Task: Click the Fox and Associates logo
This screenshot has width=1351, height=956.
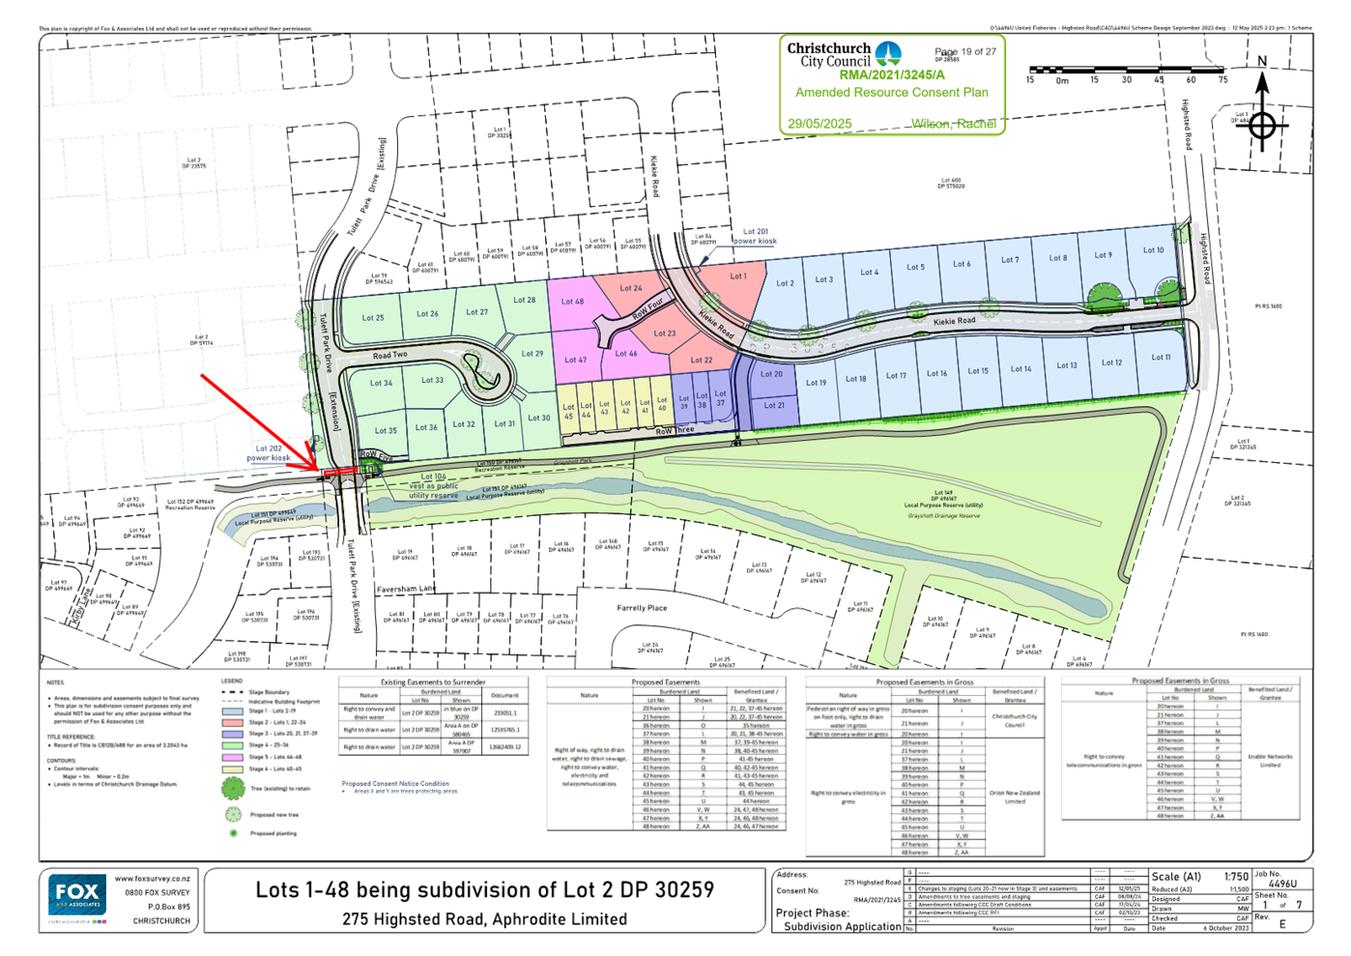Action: pos(77,896)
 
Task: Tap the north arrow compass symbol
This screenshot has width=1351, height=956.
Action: pos(1261,124)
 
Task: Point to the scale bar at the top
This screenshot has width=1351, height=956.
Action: pos(1126,71)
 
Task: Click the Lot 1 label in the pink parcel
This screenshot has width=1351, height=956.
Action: pos(738,276)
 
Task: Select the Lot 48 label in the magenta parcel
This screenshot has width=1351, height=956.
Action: pos(572,302)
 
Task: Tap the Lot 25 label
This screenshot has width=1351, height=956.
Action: pos(373,317)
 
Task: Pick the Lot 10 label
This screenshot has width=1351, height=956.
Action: pos(1153,250)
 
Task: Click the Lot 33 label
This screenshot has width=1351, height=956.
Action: pos(432,380)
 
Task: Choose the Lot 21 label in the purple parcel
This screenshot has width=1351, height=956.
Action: pos(774,405)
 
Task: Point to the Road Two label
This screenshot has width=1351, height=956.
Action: pos(390,356)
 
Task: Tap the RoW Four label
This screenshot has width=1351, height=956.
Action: pos(647,309)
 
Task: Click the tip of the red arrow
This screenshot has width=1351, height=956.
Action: pos(318,470)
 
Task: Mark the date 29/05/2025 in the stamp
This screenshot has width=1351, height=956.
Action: pos(819,124)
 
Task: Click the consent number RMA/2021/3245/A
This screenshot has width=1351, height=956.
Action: pos(892,75)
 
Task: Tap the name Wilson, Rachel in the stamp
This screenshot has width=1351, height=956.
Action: pos(954,124)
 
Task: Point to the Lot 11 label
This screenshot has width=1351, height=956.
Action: pos(1160,357)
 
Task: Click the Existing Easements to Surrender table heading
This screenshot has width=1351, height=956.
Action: pos(433,682)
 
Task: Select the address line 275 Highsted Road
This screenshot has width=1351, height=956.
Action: pos(483,918)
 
